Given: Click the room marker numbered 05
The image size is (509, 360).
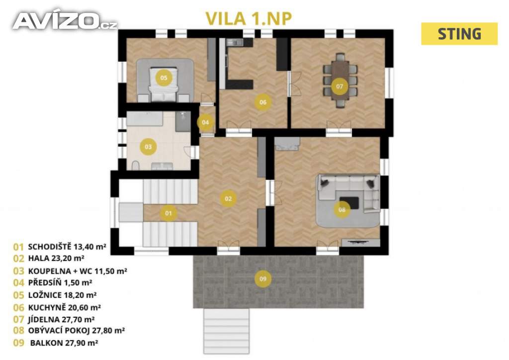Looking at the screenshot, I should tap(163, 78).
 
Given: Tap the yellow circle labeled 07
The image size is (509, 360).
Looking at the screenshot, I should tap(339, 86).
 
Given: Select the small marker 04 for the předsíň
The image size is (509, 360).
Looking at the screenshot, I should tap(205, 122).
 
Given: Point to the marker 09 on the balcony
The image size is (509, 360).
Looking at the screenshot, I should tap(263, 279).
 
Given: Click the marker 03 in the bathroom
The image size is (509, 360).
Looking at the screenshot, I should tap(148, 147).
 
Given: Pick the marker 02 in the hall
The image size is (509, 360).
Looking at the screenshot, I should tap(228, 198).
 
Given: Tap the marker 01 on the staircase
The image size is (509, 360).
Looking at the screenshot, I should tap(168, 214).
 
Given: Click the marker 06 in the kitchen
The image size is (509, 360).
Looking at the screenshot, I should tap(263, 102).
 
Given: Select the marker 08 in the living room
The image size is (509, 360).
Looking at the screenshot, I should tap(342, 209).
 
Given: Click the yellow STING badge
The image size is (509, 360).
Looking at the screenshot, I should tap(459, 34).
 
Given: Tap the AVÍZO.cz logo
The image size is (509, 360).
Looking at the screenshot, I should tap(65, 21).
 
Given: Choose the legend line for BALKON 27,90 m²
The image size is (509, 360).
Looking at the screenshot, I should tap(62, 343).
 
